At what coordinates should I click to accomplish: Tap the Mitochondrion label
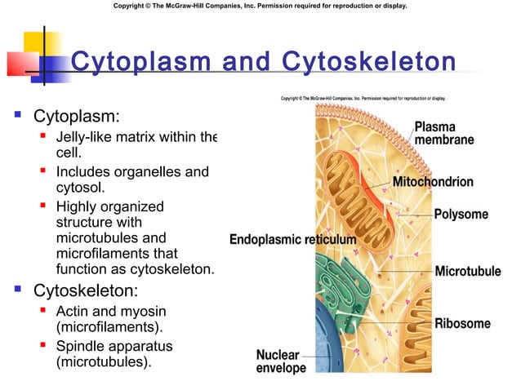pyautogui.click(x=444, y=181)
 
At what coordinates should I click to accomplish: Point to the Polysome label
pyautogui.click(x=461, y=215)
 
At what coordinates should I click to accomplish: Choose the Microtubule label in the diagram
pyautogui.click(x=467, y=270)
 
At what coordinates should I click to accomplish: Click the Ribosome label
pyautogui.click(x=462, y=323)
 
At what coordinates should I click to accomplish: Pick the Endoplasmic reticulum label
pyautogui.click(x=293, y=240)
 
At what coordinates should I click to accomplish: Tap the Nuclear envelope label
pyautogui.click(x=281, y=361)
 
